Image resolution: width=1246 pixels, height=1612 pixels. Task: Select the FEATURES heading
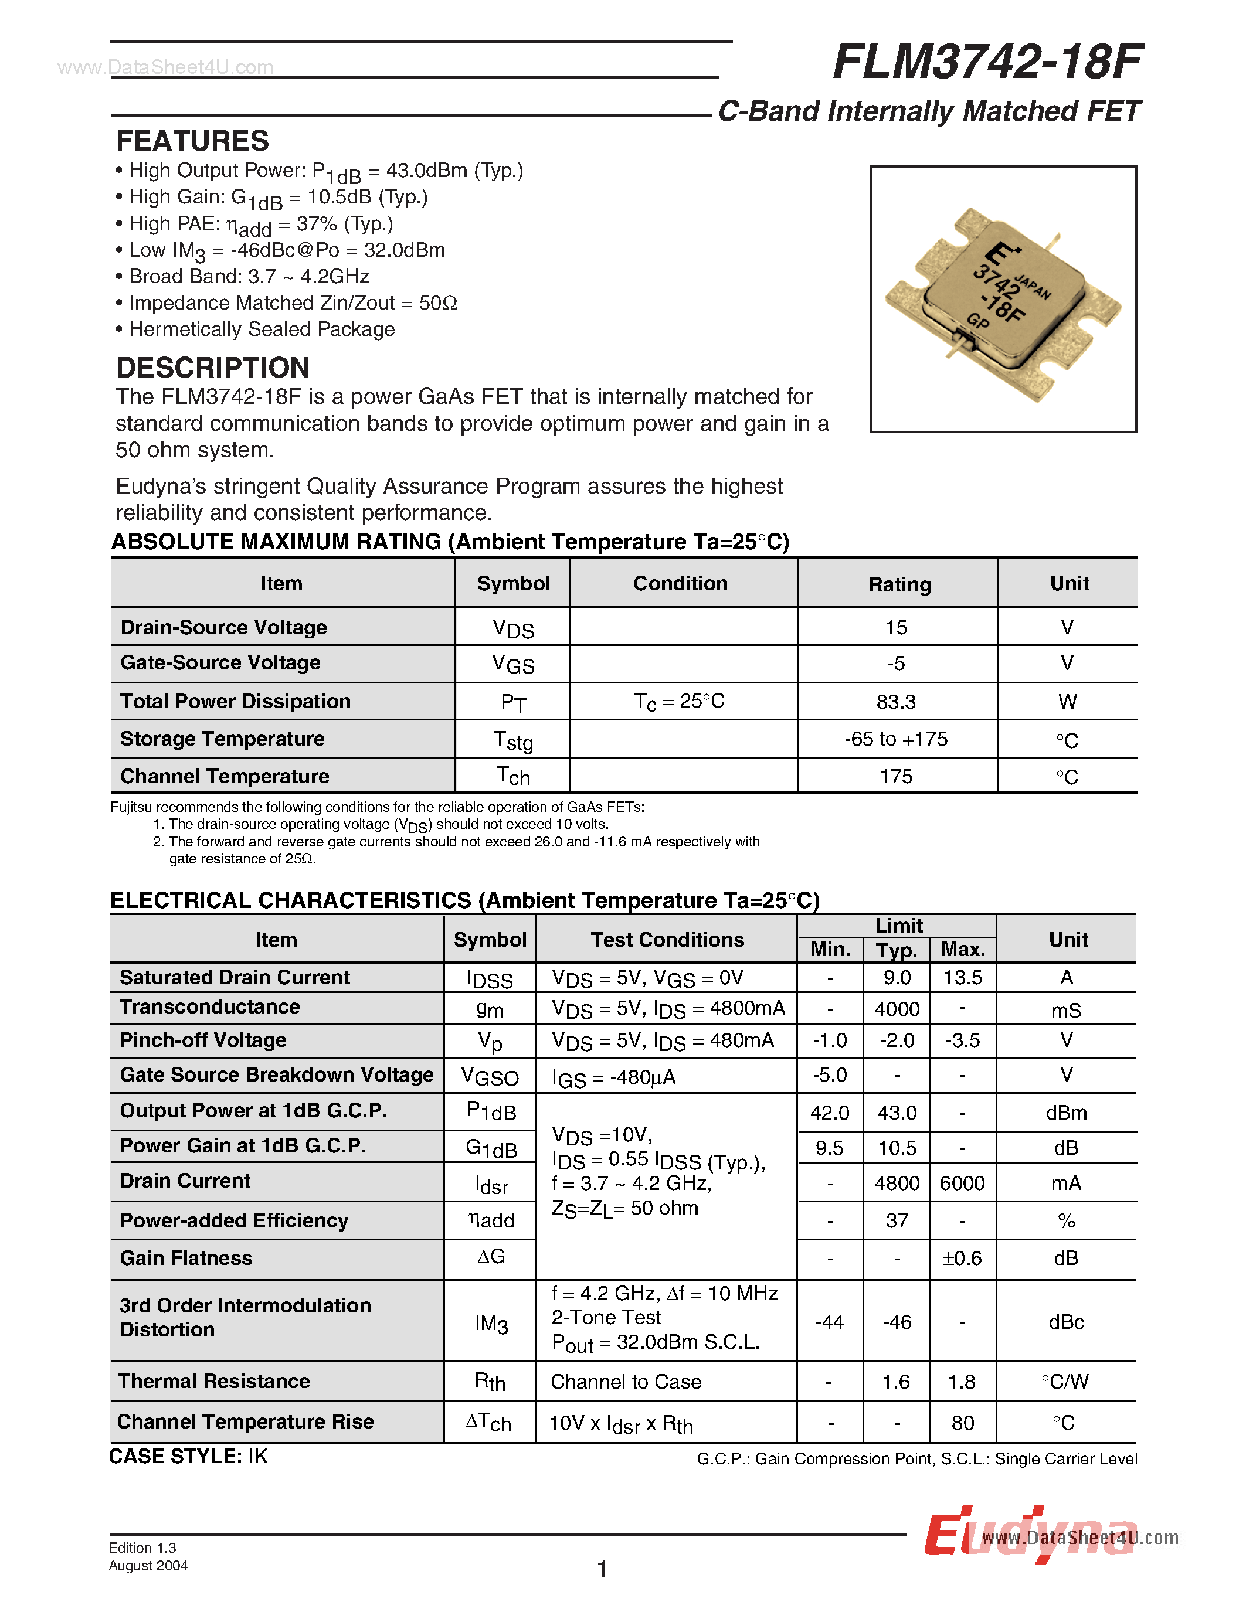pyautogui.click(x=193, y=141)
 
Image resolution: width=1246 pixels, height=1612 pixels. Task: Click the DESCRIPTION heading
pyautogui.click(x=213, y=368)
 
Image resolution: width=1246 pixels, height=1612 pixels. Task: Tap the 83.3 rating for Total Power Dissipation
pyautogui.click(x=896, y=702)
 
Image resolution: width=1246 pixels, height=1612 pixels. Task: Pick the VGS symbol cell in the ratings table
pyautogui.click(x=513, y=664)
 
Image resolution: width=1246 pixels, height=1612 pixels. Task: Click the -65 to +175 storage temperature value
pyautogui.click(x=896, y=739)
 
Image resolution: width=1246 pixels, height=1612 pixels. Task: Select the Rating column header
pyautogui.click(x=899, y=584)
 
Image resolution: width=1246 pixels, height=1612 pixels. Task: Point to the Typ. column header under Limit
pyautogui.click(x=897, y=950)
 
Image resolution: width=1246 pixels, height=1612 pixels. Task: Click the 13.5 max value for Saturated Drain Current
pyautogui.click(x=963, y=978)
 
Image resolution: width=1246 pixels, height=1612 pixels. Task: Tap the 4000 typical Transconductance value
pyautogui.click(x=897, y=1009)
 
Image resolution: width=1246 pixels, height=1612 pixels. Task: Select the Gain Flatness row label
pyautogui.click(x=186, y=1259)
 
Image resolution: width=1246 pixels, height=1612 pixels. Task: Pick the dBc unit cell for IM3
pyautogui.click(x=1066, y=1322)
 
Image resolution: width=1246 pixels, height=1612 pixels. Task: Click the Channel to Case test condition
pyautogui.click(x=626, y=1382)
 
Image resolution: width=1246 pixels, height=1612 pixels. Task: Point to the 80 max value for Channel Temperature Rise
pyautogui.click(x=963, y=1423)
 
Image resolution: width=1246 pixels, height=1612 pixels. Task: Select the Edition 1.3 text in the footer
pyautogui.click(x=142, y=1548)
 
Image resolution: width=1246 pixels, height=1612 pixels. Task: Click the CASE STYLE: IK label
pyautogui.click(x=188, y=1456)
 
